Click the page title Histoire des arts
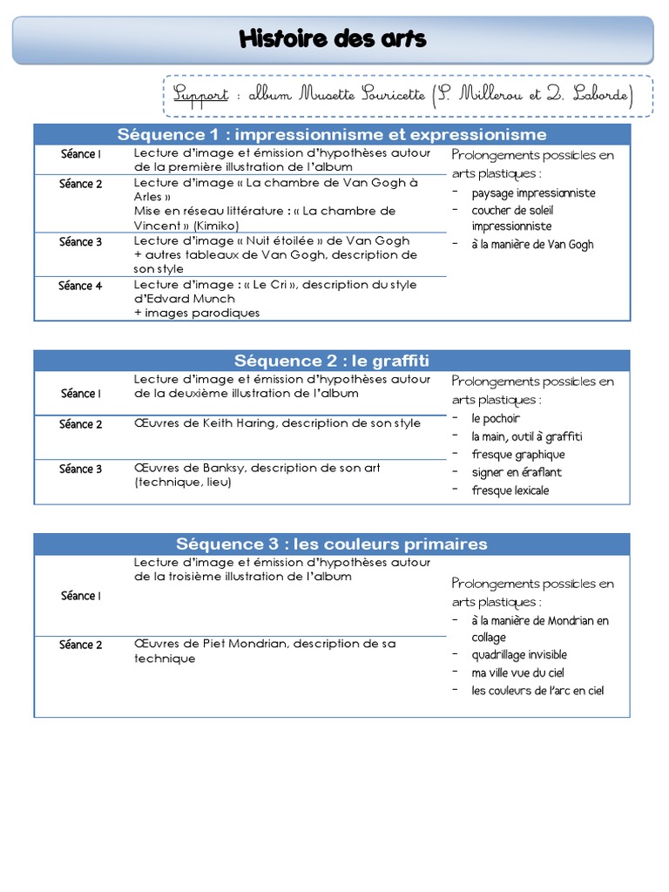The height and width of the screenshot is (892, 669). (x=333, y=39)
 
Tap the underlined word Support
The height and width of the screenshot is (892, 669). (x=199, y=94)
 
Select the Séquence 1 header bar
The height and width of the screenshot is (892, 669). (x=332, y=134)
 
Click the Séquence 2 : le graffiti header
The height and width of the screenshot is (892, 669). (x=332, y=361)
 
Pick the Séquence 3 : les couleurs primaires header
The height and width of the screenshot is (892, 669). (x=332, y=544)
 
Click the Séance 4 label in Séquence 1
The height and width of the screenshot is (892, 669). (x=81, y=286)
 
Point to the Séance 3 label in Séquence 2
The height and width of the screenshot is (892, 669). (x=81, y=469)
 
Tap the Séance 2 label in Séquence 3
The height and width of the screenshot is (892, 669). (x=81, y=645)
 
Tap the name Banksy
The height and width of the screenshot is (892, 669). (x=224, y=468)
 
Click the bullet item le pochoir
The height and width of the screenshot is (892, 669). (x=496, y=418)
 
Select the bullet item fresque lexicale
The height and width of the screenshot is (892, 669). (x=510, y=490)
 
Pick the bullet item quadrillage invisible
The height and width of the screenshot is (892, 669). (x=519, y=654)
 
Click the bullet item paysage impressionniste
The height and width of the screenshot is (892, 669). (x=533, y=193)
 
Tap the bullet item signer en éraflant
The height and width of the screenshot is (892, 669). (x=517, y=472)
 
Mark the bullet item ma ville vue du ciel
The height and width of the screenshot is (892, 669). (x=518, y=672)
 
